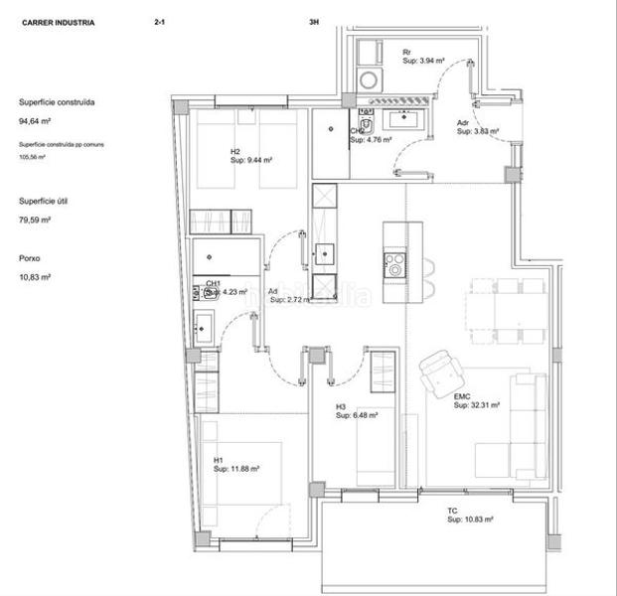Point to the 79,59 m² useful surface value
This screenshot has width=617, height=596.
(x=35, y=221)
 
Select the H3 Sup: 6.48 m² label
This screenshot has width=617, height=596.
(x=356, y=411)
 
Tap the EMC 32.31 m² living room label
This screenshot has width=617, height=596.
(x=476, y=401)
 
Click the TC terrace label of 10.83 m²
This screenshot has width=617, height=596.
(x=468, y=516)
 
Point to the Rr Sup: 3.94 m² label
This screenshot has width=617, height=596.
(x=423, y=57)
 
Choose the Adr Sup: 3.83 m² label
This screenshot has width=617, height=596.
(x=475, y=127)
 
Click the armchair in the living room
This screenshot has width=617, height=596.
(x=439, y=373)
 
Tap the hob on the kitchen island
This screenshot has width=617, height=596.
(x=394, y=265)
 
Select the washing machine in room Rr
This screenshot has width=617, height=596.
(x=369, y=78)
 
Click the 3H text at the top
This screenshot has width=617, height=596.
(x=315, y=21)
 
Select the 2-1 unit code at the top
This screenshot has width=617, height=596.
(x=160, y=21)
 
